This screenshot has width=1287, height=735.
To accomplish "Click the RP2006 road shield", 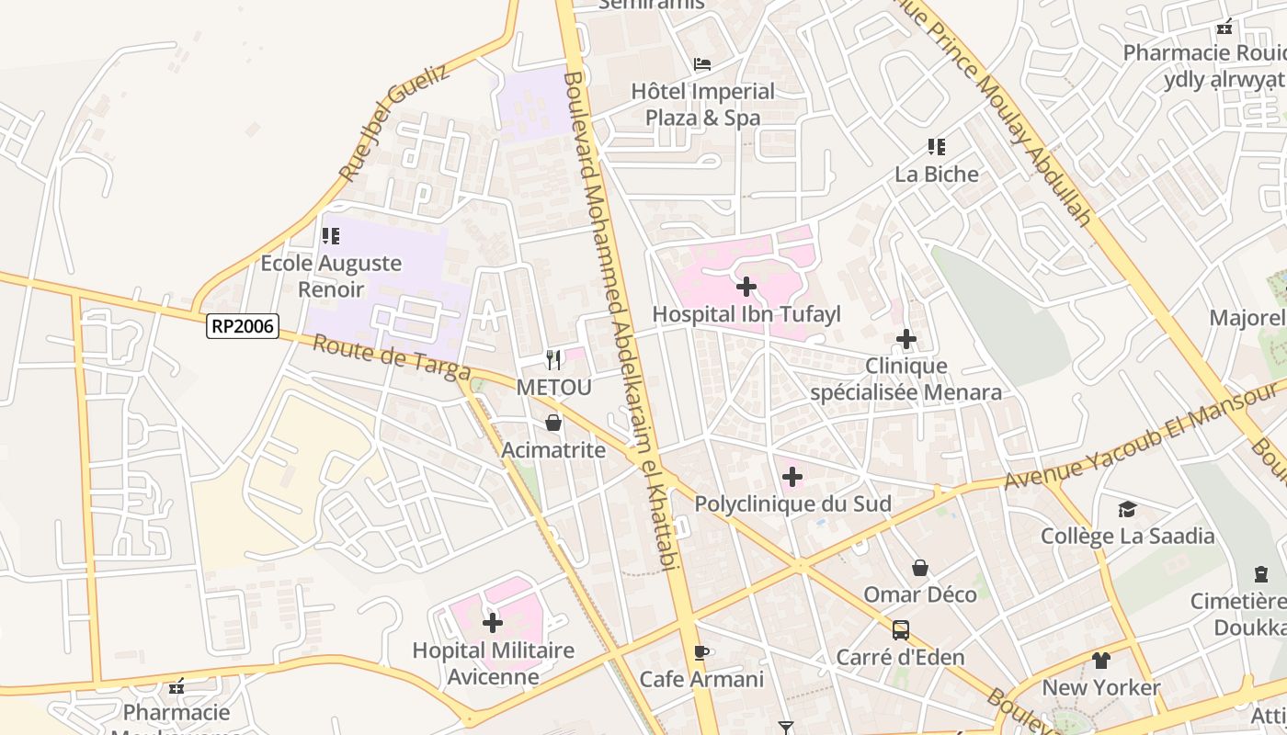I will [243, 325].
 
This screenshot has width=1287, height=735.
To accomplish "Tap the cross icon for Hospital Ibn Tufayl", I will [746, 287].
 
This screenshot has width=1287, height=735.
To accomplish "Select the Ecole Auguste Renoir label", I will [331, 276].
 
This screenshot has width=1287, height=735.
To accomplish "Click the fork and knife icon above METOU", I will [553, 359].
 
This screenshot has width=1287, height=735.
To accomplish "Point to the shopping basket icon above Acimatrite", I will [553, 423].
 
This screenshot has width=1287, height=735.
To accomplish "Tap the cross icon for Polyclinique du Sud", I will [792, 477].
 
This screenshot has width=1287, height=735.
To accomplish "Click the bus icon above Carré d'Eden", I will [901, 630].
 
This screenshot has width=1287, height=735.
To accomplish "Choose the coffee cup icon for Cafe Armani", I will [701, 652].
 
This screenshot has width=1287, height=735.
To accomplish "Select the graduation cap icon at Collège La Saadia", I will [1127, 509].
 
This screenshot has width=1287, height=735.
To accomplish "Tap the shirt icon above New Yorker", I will [1101, 660].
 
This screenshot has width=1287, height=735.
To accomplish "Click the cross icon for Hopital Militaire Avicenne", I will [493, 623].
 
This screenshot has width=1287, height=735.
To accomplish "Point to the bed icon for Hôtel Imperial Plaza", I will [702, 64].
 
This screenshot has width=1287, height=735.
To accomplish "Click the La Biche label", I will [937, 174].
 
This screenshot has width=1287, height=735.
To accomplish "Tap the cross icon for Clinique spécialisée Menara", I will [906, 339].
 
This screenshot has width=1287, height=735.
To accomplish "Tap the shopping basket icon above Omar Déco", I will [920, 568].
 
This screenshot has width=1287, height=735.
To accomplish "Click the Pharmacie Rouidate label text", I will [1204, 52].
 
